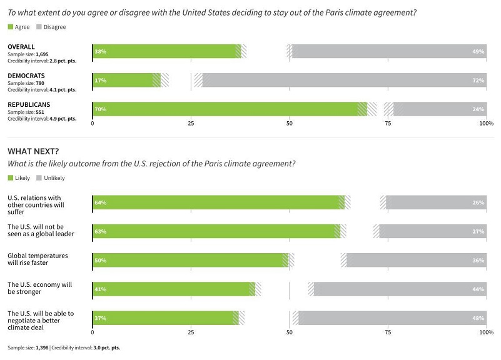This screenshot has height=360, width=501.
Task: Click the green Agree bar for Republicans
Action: click(225, 109)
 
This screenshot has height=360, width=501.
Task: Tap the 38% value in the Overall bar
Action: click(100, 52)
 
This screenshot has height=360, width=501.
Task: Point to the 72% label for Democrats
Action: click(478, 81)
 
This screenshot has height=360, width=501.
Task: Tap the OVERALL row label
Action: click(21, 47)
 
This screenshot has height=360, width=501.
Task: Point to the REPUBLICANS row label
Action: click(28, 104)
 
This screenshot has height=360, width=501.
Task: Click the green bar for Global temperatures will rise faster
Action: click(188, 260)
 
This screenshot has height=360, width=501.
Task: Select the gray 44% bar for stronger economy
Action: click(400, 289)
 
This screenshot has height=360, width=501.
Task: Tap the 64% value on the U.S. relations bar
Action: click(100, 202)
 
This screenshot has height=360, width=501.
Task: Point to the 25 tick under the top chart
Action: click(191, 124)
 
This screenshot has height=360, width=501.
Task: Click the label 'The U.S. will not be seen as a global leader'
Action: click(40, 230)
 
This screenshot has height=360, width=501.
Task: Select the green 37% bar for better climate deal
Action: click(163, 318)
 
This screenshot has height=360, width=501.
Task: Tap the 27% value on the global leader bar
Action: click(478, 231)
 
